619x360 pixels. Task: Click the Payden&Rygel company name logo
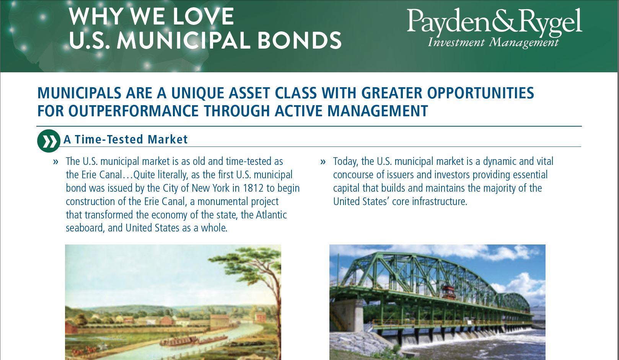[494, 21]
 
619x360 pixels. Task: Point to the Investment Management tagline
[493, 42]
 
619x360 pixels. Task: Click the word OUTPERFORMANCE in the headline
[134, 111]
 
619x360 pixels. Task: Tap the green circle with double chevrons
[49, 141]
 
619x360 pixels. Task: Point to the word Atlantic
[271, 215]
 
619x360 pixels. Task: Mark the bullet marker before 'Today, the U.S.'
[323, 162]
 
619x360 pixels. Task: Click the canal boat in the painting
[180, 340]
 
